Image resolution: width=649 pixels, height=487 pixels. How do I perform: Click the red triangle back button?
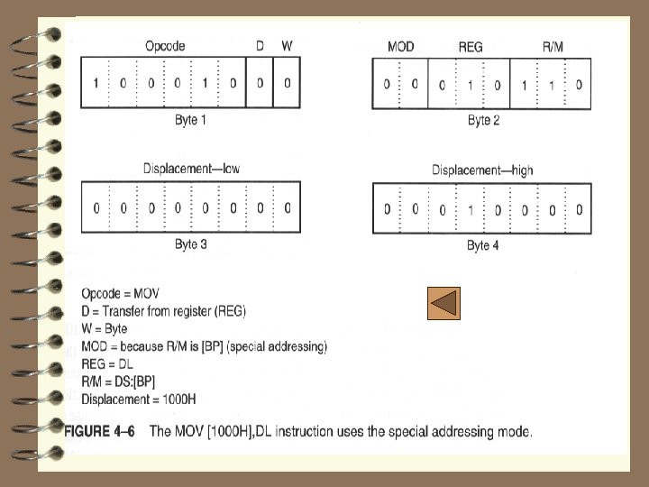tap(443, 304)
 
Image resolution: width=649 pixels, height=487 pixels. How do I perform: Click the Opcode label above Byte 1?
tap(167, 45)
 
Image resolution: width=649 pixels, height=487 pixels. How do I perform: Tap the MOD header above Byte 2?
tap(400, 46)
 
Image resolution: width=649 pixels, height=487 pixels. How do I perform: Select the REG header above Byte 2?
tap(471, 46)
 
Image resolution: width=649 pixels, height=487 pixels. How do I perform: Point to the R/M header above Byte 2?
tap(553, 46)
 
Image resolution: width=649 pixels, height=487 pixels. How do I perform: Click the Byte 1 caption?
tap(190, 119)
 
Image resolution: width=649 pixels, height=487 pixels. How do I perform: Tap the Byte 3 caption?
tap(190, 244)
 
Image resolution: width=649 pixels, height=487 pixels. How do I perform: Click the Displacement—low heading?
tap(191, 169)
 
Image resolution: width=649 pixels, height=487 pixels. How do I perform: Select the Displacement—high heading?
tap(482, 170)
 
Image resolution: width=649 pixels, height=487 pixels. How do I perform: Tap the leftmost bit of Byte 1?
tap(96, 84)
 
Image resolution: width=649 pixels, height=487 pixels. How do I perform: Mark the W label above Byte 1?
tap(287, 45)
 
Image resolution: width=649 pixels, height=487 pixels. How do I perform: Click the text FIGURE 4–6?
tap(99, 431)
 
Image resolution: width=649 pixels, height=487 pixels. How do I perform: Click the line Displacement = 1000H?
tap(139, 398)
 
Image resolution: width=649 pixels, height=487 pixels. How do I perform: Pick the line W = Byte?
tap(105, 328)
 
